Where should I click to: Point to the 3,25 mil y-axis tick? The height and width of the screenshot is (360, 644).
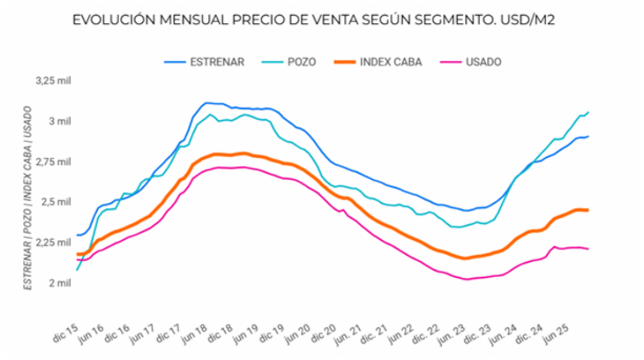51,80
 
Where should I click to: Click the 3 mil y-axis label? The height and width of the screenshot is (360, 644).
57,121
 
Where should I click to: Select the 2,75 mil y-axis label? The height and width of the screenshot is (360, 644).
51,161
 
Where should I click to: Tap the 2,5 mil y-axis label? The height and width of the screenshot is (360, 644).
54,202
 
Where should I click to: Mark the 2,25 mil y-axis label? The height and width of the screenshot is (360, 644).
51,243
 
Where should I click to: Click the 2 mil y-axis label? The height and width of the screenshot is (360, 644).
57,283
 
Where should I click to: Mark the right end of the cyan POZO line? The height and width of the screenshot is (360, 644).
588,112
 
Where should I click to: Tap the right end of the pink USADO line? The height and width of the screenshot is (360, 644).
588,249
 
